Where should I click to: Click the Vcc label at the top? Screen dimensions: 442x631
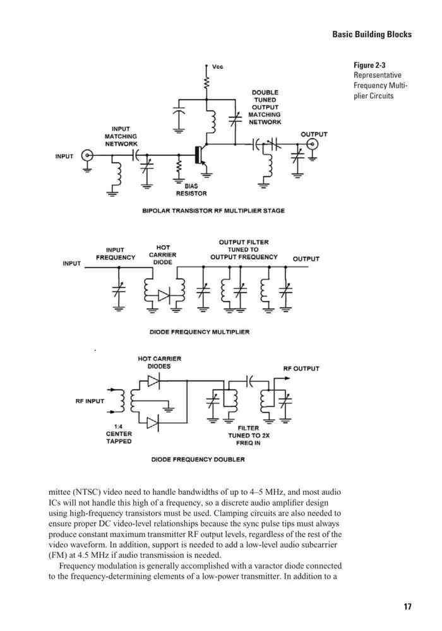pyautogui.click(x=217, y=66)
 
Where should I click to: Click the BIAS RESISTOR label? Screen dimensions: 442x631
pyautogui.click(x=191, y=190)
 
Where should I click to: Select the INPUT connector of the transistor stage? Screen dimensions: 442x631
pyautogui.click(x=87, y=155)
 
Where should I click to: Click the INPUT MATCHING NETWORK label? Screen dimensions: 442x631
pyautogui.click(x=121, y=136)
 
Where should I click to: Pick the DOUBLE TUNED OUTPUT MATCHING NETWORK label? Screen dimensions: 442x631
pyautogui.click(x=265, y=107)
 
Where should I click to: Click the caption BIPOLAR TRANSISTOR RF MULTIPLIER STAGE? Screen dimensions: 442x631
pyautogui.click(x=213, y=211)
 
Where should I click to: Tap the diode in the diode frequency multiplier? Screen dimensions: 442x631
pyautogui.click(x=164, y=295)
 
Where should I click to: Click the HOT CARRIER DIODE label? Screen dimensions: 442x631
pyautogui.click(x=163, y=255)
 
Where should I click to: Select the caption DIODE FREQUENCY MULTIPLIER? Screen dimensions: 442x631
pyautogui.click(x=200, y=332)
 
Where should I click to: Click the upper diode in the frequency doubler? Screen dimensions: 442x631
pyautogui.click(x=153, y=380)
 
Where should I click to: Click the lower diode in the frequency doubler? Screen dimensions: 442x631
pyautogui.click(x=153, y=423)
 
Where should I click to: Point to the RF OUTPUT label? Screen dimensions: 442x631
pyautogui.click(x=301, y=369)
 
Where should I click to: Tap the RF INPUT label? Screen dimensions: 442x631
pyautogui.click(x=90, y=401)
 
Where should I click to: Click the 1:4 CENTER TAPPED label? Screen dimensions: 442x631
pyautogui.click(x=119, y=434)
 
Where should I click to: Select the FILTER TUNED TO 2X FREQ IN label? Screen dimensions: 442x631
pyautogui.click(x=249, y=435)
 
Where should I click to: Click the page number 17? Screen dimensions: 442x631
pyautogui.click(x=407, y=606)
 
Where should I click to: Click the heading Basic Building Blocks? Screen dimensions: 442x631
pyautogui.click(x=372, y=34)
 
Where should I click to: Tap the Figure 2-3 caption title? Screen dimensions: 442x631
pyautogui.click(x=369, y=65)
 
